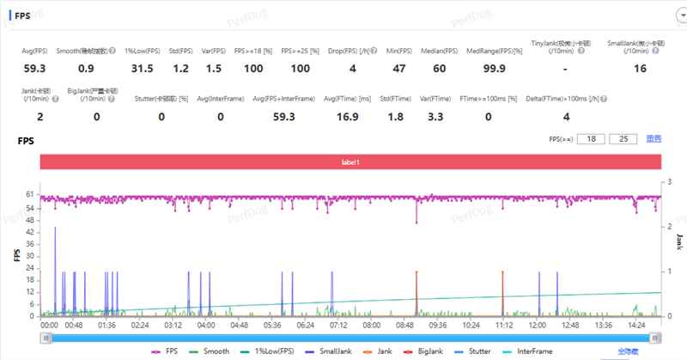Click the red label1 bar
point(349,162)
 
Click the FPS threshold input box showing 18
point(591,138)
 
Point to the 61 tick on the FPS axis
point(31,195)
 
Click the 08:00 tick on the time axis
point(372,326)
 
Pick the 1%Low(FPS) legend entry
point(271,351)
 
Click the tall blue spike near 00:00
point(55,258)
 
